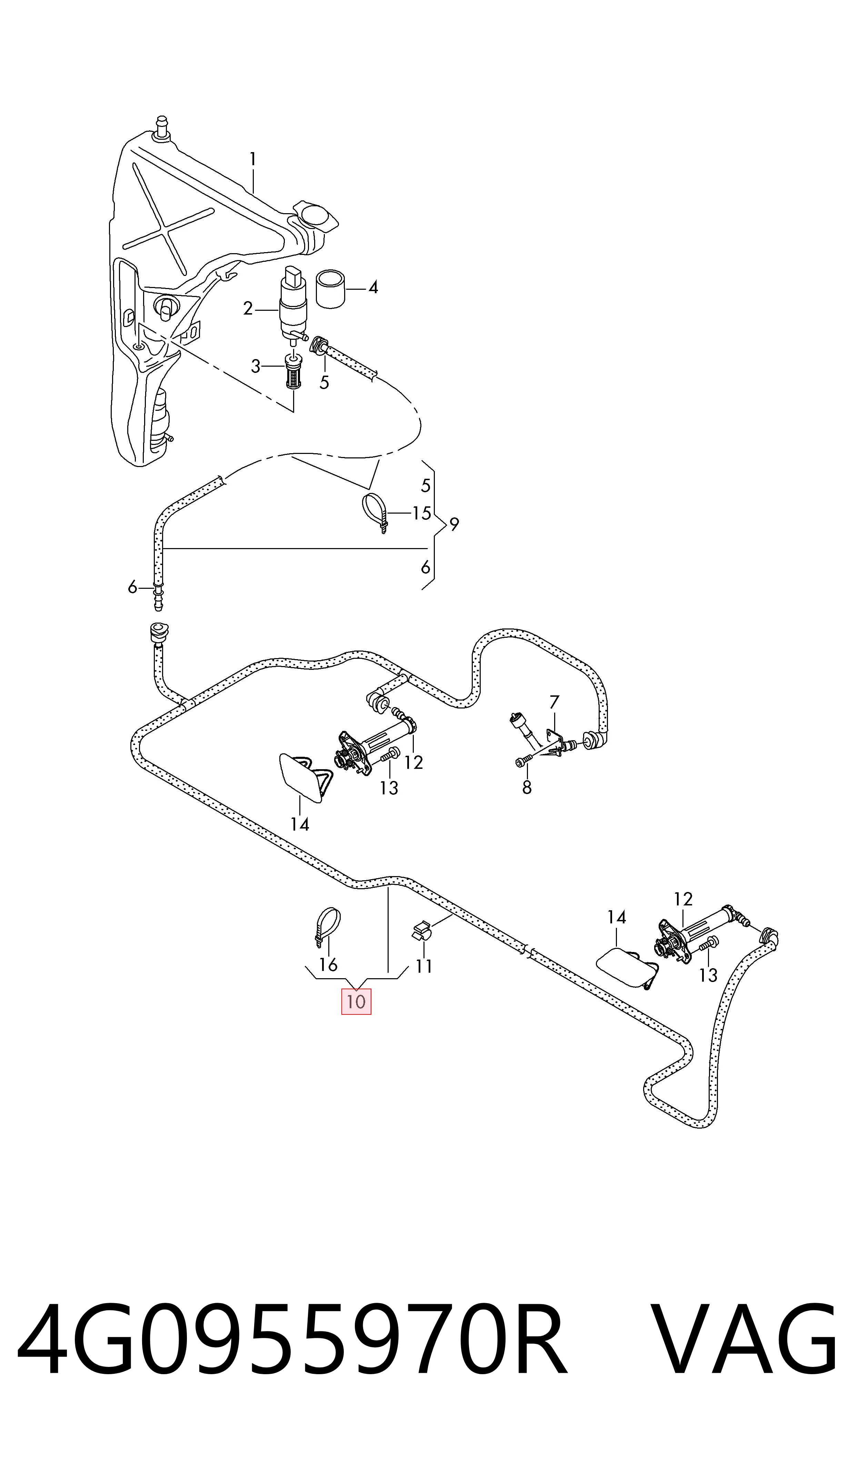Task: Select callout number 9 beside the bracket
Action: point(455,524)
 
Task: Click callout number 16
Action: point(328,964)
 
